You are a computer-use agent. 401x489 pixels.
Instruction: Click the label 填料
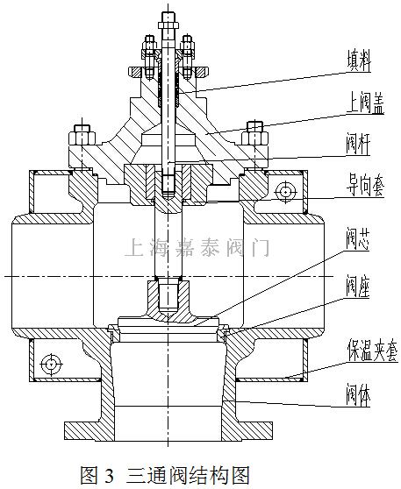click(359, 60)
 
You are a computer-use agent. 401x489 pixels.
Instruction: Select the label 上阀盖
click(365, 103)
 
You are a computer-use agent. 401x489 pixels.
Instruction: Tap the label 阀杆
click(358, 144)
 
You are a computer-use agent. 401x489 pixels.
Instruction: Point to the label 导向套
click(365, 185)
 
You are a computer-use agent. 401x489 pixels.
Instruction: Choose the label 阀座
click(358, 286)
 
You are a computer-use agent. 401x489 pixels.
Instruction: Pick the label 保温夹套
click(373, 351)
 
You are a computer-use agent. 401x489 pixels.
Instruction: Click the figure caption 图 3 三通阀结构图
click(165, 475)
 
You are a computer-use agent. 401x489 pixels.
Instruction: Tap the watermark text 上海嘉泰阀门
click(197, 247)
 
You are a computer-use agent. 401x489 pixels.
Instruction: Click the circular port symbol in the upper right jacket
click(286, 191)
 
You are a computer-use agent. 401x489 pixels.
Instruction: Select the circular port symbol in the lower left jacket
click(51, 364)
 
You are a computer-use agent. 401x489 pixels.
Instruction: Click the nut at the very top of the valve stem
click(168, 25)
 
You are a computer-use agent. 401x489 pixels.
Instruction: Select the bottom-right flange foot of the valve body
click(247, 431)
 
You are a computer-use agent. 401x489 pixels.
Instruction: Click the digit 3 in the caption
click(109, 476)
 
